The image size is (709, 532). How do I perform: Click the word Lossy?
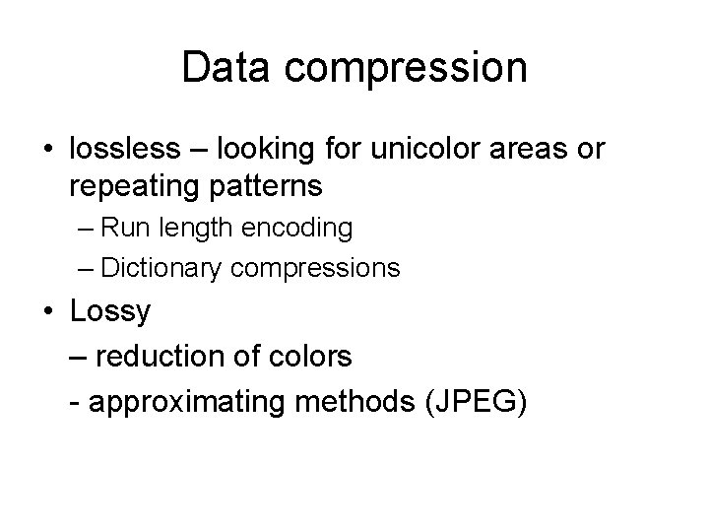110,313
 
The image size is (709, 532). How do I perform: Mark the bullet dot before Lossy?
48,312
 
